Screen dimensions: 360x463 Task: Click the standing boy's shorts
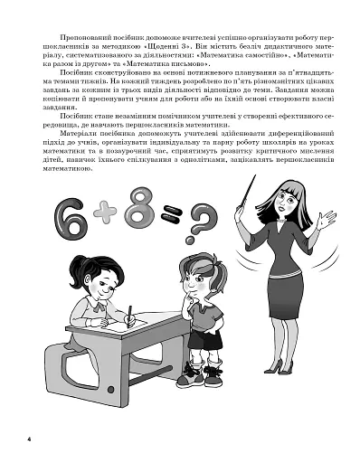(x=203, y=339)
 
